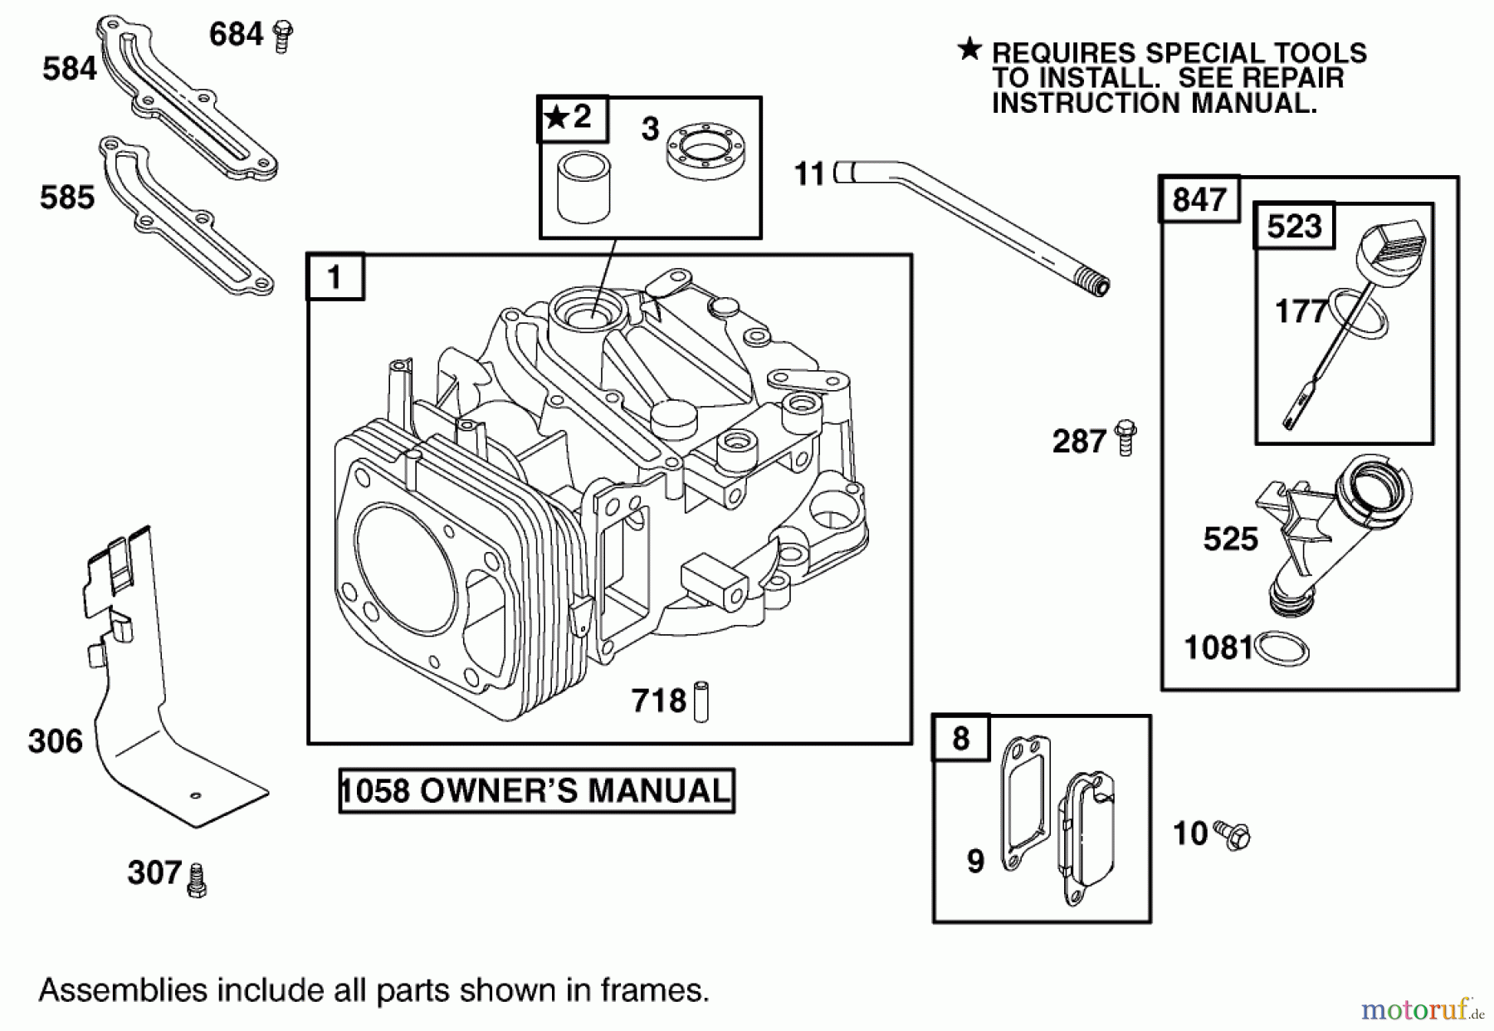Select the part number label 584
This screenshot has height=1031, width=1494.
pos(70,69)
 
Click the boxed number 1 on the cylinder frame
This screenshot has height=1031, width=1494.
pos(335,277)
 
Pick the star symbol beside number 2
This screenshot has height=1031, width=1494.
pos(554,118)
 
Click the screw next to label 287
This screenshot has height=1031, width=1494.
pos(1125,437)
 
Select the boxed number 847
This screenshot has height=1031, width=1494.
pos(1199,200)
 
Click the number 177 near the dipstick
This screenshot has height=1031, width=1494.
pos(1300,312)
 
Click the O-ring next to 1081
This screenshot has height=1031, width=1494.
pos(1282,648)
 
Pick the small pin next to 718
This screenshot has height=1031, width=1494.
pos(701,701)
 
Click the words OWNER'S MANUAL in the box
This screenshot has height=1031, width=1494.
pos(574,790)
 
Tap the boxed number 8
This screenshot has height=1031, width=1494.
pos(960,738)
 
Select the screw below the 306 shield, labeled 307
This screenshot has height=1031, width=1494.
pos(197,881)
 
